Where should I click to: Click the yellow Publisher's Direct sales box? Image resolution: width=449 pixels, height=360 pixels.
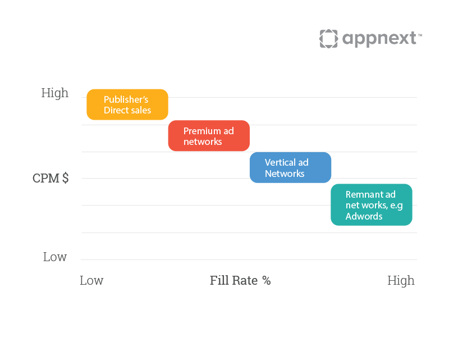tap(127, 104)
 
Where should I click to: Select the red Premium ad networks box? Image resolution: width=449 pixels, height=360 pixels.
tap(209, 136)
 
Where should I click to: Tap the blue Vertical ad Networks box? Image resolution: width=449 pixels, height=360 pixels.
tap(290, 167)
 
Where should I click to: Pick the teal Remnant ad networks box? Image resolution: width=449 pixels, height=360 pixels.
tap(372, 204)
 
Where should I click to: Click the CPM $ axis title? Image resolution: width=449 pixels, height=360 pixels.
tap(51, 178)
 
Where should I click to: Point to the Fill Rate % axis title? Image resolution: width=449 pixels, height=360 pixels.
tap(240, 280)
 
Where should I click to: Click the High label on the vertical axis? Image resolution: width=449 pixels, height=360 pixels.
tap(55, 93)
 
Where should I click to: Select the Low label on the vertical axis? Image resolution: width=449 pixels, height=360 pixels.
tap(55, 257)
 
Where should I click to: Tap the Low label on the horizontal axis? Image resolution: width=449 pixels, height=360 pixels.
tap(91, 280)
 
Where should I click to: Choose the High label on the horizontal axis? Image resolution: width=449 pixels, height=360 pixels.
tap(401, 281)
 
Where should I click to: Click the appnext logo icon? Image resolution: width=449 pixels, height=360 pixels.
tap(329, 39)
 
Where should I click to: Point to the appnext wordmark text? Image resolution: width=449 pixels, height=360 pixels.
tap(379, 39)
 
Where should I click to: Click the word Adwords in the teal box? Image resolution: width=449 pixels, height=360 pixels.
tap(364, 216)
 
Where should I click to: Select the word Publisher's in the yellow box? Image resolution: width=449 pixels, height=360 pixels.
tap(126, 99)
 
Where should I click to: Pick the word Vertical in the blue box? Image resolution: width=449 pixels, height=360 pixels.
tap(280, 162)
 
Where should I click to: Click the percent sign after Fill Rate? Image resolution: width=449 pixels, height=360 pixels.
tap(267, 280)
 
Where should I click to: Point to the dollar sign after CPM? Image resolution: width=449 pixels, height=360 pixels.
tap(66, 178)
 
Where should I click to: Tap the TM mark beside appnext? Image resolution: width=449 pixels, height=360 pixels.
tap(420, 35)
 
